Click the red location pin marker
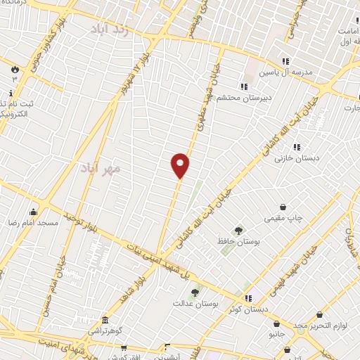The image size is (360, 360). tap(180, 165)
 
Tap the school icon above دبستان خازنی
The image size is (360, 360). tap(297, 148)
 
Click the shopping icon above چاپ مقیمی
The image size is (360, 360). tap(283, 207)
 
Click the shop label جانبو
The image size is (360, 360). tap(274, 335)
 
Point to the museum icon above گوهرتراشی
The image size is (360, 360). tap(105, 320)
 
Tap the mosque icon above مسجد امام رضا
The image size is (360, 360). tap(33, 212)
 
